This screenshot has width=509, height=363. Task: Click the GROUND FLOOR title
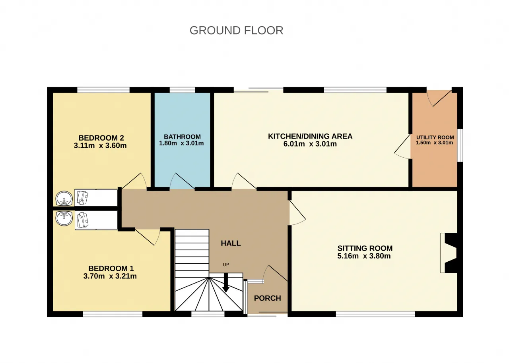(236, 31)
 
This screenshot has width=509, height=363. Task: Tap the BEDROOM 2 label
(101, 138)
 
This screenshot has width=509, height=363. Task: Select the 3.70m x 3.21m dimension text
(110, 276)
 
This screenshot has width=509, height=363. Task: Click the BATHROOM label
(182, 137)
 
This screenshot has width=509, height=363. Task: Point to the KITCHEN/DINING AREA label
(310, 136)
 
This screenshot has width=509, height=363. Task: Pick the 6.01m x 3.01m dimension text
(310, 144)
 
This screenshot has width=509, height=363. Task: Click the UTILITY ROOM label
(435, 137)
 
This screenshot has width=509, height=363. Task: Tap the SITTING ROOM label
(365, 248)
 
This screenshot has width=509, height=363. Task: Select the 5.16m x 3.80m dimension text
(364, 256)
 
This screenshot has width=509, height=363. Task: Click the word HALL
(231, 243)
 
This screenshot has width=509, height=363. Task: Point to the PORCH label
(268, 298)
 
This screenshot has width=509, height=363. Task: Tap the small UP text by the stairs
(225, 265)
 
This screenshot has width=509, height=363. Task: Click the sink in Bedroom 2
(64, 199)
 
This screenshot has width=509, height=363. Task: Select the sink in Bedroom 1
(64, 219)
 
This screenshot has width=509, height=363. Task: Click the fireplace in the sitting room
(449, 253)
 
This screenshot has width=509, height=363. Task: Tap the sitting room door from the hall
(297, 213)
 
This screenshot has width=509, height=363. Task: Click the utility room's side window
(460, 145)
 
